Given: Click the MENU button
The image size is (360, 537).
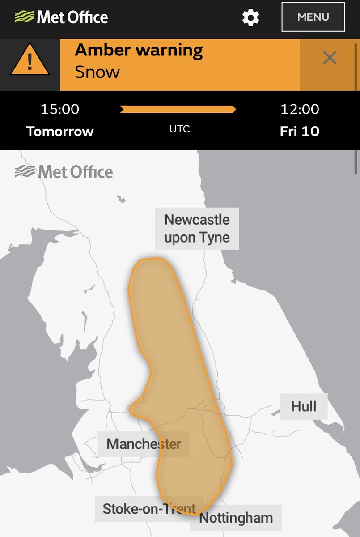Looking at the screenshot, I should (x=313, y=17).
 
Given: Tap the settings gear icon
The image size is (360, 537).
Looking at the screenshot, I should (x=250, y=17).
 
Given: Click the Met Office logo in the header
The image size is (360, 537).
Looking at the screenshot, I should (x=61, y=17).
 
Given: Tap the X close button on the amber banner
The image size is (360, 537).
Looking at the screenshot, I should (x=330, y=58).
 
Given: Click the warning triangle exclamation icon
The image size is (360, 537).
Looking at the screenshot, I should (x=30, y=61).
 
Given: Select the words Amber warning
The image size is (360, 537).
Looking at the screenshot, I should (x=139, y=50).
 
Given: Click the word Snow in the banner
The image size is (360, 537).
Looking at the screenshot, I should (x=97, y=72).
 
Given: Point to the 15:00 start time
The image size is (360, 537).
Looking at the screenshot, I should (x=60, y=109).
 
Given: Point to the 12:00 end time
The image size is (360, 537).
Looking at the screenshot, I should (x=300, y=109).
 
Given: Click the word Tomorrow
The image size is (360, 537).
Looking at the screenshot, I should (x=60, y=132).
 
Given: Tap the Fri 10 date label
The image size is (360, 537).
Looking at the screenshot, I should (x=300, y=132).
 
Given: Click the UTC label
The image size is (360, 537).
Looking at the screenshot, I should (x=179, y=129).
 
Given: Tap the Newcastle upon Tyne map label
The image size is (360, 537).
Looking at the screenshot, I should (x=197, y=228).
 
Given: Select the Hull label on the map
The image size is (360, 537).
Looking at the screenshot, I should (x=304, y=406).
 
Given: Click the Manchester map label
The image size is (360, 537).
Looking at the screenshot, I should (x=144, y=444).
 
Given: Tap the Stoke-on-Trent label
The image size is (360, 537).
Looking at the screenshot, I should (x=149, y=509).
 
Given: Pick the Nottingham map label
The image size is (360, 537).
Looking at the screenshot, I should (x=236, y=518).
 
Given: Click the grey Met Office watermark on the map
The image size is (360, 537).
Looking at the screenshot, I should (x=64, y=172).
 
